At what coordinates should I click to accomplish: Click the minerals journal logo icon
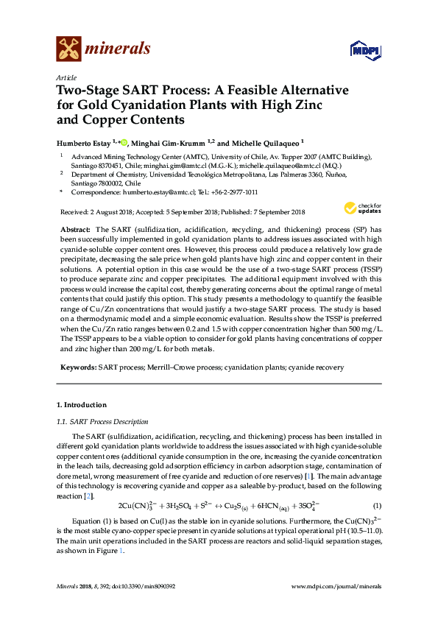click(x=69, y=49)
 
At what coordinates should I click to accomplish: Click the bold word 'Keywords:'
click(x=78, y=366)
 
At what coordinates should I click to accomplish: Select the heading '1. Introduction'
click(x=82, y=405)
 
